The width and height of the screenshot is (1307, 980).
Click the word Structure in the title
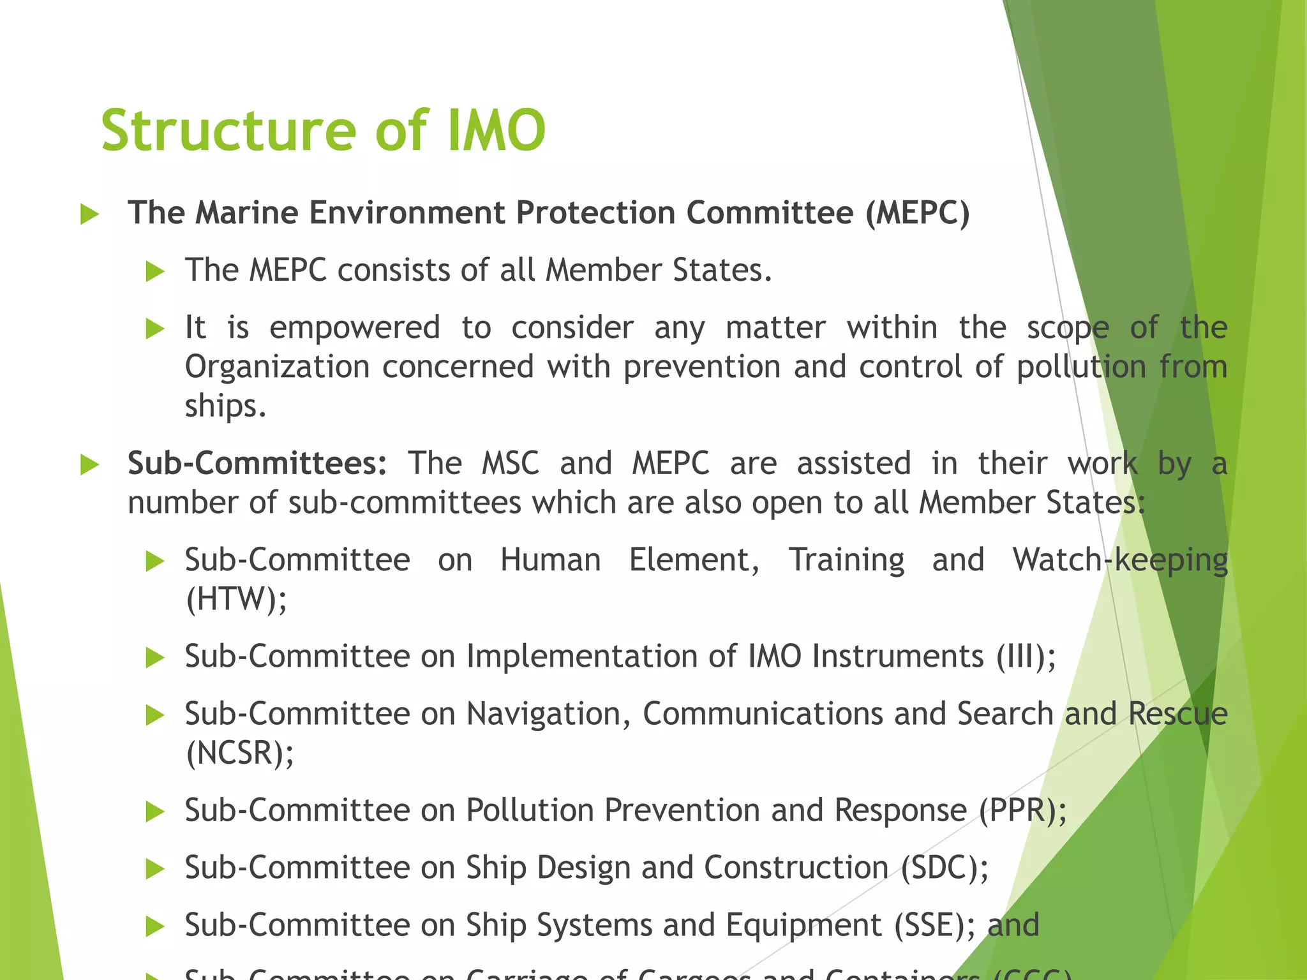(228, 131)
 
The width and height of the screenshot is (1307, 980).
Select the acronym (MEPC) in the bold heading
(917, 212)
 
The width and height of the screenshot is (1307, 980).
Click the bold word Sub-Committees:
(257, 463)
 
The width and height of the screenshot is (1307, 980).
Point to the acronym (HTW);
(237, 599)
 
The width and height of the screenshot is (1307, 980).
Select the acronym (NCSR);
(240, 753)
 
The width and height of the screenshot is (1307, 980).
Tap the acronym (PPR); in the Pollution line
(1022, 811)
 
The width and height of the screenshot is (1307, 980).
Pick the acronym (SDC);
(945, 868)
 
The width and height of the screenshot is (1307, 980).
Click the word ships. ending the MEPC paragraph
(225, 406)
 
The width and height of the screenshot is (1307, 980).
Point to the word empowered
(355, 328)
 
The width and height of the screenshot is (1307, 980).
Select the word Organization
(277, 367)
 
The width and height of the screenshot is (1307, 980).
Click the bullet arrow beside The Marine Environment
(90, 214)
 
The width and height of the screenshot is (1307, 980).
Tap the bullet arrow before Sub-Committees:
(90, 465)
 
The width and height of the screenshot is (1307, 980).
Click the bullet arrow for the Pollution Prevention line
(155, 812)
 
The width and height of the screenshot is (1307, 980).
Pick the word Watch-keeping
(1120, 561)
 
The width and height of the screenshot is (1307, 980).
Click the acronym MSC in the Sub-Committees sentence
(510, 463)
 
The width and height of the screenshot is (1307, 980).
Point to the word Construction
(796, 868)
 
